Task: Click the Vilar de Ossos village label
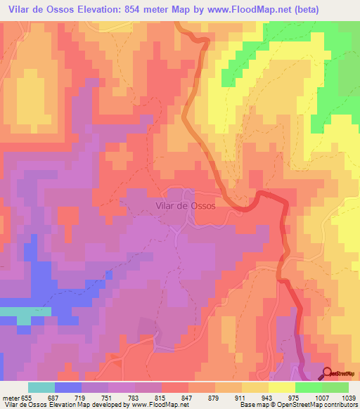tap(184, 207)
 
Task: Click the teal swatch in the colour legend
tap(41, 387)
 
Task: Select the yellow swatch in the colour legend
tap(281, 387)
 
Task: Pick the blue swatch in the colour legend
tap(68, 387)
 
